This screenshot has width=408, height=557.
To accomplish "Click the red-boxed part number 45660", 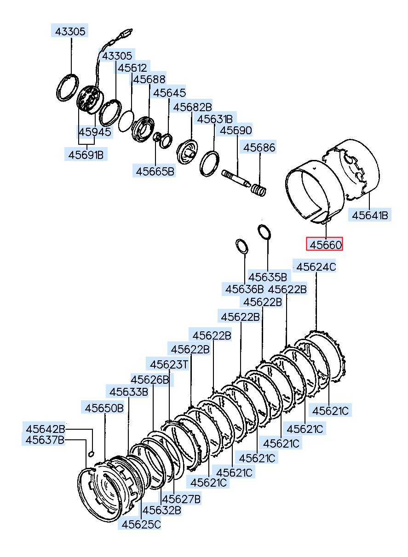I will point(325,244).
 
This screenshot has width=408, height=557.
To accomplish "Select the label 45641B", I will point(370,215).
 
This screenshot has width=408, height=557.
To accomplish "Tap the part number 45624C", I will point(316,267).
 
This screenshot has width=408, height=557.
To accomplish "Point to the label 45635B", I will point(267,277).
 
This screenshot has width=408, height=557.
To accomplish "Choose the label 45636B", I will point(244,290).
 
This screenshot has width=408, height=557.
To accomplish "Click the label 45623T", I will point(169,364).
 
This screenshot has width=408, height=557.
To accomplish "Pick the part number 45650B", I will point(104,408).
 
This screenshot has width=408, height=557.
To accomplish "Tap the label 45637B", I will point(45,440).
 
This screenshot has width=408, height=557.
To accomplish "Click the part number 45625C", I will point(141,524).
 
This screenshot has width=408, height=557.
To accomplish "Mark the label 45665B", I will point(155,171).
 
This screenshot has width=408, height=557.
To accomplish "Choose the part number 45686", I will point(259,148).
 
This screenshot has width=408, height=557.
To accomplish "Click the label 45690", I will point(236,131).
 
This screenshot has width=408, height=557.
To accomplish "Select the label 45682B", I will point(192,107).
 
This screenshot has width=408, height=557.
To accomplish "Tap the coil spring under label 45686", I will point(258,190).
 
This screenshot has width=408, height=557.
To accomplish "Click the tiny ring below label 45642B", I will point(91,454).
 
